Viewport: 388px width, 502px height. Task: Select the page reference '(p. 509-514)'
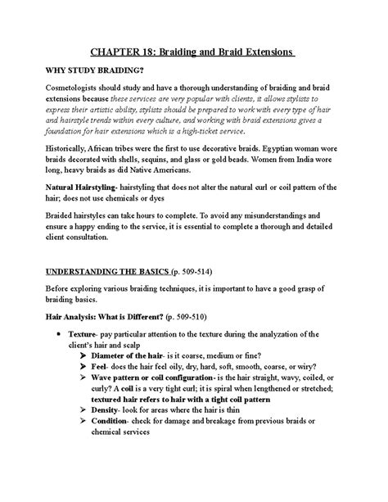coord(199,292)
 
